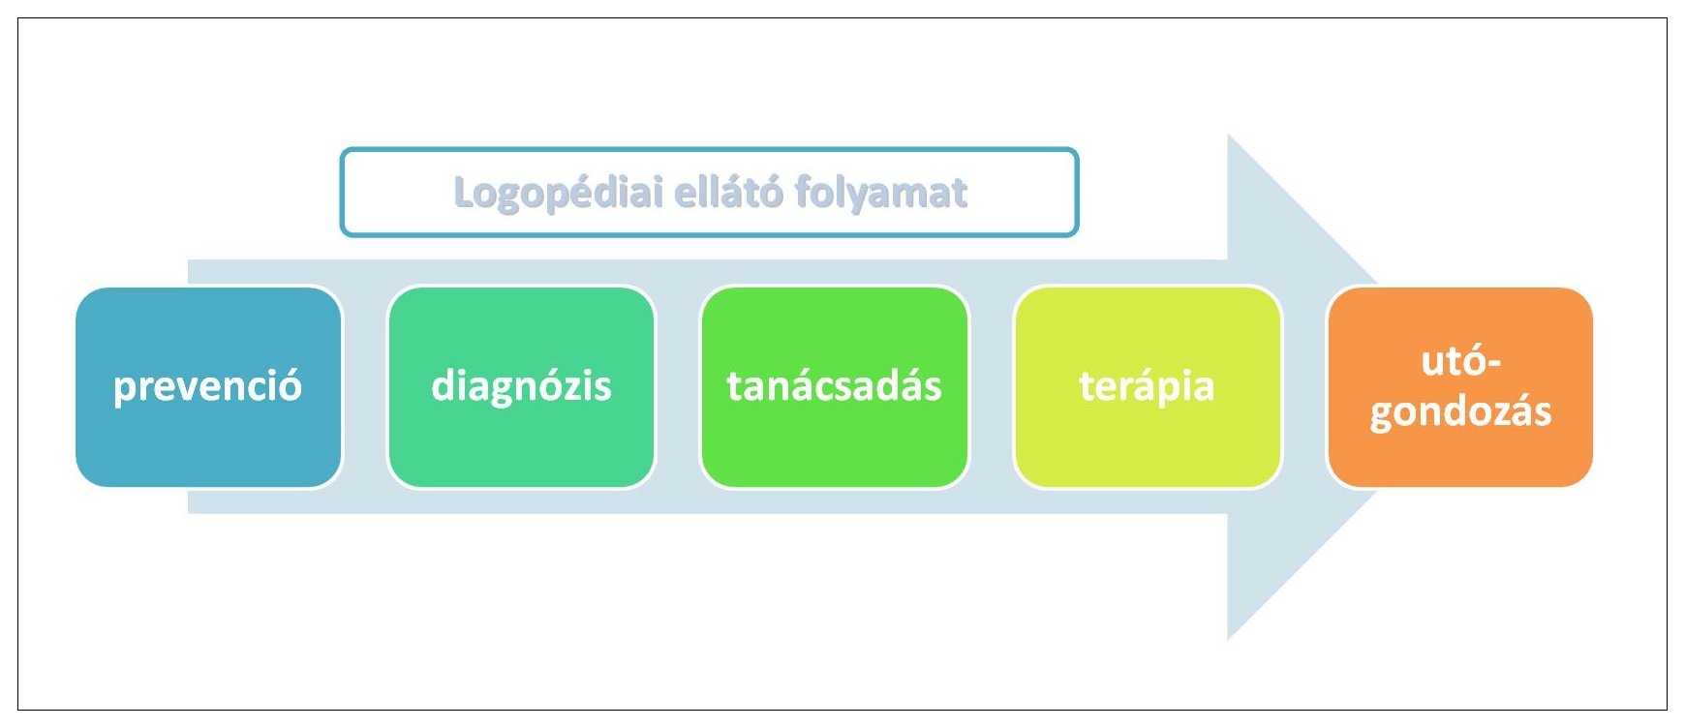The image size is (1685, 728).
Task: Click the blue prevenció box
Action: tap(208, 387)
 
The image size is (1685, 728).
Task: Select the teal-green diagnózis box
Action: tap(521, 387)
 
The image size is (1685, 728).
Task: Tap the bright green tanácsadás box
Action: tap(834, 387)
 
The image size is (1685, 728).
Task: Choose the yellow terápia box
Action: tap(1148, 387)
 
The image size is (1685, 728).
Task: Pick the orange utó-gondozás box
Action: tap(1460, 387)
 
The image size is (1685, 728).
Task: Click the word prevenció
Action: tap(208, 386)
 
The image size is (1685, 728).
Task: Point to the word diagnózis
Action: tap(521, 386)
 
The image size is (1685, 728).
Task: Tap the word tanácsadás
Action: tap(834, 385)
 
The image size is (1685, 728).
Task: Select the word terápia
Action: tap(1148, 386)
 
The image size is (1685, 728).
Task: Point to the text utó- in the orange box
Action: tap(1460, 361)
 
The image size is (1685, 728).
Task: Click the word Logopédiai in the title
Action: tap(559, 193)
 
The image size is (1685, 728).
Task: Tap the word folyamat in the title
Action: tap(881, 193)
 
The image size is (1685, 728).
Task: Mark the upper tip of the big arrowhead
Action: tap(1228, 135)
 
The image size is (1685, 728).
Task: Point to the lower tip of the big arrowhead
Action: tap(1228, 640)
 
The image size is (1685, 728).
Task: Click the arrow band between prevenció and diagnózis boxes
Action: tap(365, 387)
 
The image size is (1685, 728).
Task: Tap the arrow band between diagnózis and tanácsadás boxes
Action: tap(678, 387)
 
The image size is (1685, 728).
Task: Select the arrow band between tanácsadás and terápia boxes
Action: tap(991, 387)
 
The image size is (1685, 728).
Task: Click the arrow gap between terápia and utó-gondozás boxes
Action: tap(1304, 387)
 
